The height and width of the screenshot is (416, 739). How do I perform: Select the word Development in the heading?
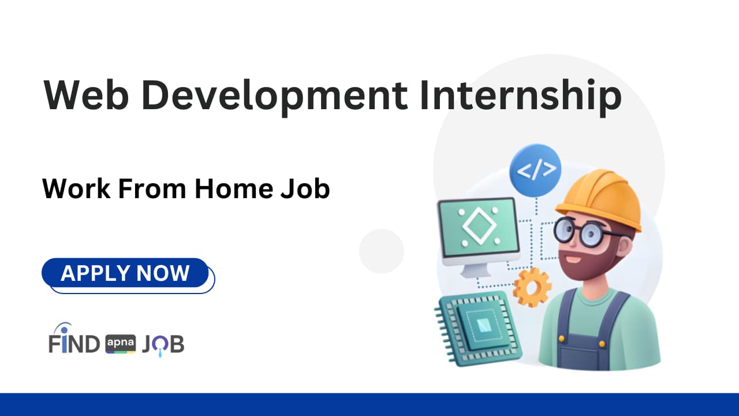point(274,98)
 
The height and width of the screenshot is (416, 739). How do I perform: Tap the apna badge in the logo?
point(121,344)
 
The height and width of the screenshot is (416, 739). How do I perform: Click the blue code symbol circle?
point(535,170)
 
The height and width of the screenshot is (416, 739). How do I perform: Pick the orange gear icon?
point(532,287)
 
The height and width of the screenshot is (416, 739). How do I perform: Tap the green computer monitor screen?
point(479,228)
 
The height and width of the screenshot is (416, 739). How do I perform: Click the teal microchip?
point(479,328)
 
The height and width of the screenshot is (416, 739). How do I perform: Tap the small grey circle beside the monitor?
point(382,251)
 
